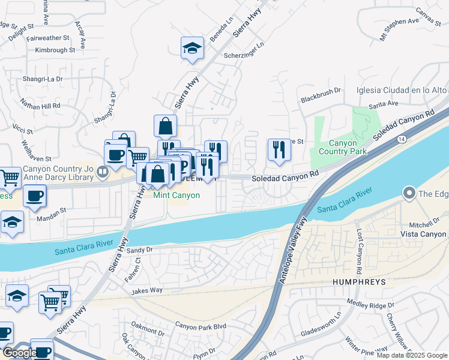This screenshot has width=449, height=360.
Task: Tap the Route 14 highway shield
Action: (x=400, y=139)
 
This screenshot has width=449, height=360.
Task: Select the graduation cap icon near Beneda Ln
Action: (x=193, y=48)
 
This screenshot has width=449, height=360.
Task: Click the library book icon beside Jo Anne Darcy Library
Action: (x=103, y=173)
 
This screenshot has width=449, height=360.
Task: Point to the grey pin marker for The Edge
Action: (x=410, y=193)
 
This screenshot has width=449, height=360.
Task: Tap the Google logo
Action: (x=20, y=353)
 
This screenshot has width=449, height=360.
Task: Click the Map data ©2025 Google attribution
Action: (x=412, y=355)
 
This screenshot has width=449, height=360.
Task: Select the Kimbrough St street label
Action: (x=55, y=50)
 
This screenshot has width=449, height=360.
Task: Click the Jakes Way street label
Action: (x=148, y=290)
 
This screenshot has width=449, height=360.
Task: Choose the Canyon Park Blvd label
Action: (x=200, y=325)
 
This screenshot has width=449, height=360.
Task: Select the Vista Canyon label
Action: (x=424, y=234)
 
